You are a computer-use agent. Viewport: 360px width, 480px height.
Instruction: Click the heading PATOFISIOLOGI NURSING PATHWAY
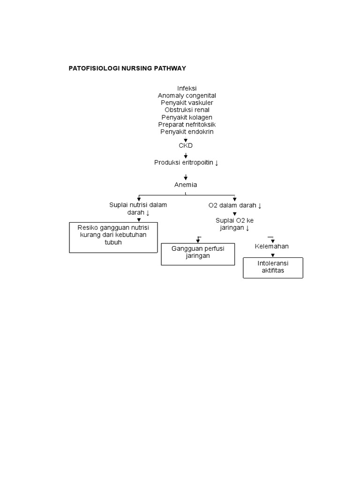coord(127,68)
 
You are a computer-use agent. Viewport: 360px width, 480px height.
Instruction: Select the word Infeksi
coord(187,89)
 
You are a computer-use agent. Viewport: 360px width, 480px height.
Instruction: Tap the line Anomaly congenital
coord(187,96)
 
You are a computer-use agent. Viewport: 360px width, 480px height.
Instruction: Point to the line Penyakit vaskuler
coord(187,103)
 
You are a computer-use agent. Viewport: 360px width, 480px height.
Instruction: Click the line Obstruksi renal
coord(187,110)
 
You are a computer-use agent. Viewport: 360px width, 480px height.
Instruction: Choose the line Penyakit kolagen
coord(187,117)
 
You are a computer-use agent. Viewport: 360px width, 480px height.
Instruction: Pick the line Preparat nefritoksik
coord(187,124)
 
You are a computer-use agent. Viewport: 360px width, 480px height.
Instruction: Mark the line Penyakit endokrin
coord(187,132)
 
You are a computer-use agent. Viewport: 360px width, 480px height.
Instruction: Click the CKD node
coord(186,146)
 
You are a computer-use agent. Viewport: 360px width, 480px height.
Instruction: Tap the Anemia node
coord(186,185)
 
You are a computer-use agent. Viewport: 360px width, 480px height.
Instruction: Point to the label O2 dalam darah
coord(235,205)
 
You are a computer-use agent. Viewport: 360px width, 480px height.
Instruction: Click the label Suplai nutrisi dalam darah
coord(138,209)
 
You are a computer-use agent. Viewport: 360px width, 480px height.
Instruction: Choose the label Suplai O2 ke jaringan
coord(234,224)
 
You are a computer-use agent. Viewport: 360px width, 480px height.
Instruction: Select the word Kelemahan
coord(272,246)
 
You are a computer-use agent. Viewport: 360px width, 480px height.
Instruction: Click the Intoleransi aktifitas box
coord(273,268)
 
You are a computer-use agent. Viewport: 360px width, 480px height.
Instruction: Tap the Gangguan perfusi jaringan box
coord(197,254)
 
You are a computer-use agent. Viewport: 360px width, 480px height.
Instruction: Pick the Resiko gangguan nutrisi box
coord(113,237)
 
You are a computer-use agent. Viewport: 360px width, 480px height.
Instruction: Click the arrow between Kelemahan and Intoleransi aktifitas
coord(273,254)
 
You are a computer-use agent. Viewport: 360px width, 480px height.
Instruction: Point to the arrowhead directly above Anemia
coord(186,178)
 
